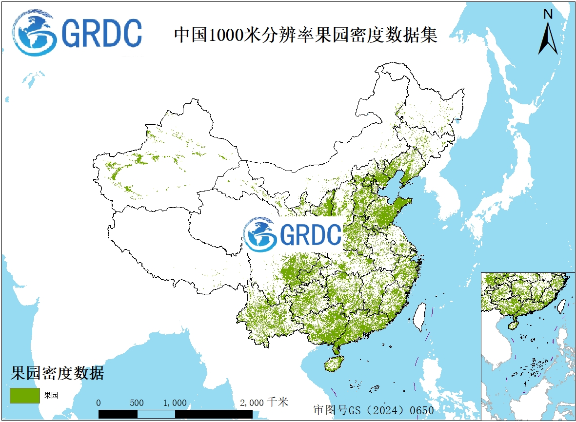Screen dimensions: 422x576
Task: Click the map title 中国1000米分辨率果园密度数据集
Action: pyautogui.click(x=306, y=36)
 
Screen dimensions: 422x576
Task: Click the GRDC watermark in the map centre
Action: pyautogui.click(x=293, y=234)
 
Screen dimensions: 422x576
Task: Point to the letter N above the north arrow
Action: pyautogui.click(x=548, y=15)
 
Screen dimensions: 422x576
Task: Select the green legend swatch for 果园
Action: pyautogui.click(x=24, y=395)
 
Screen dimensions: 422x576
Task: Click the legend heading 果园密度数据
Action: pyautogui.click(x=57, y=373)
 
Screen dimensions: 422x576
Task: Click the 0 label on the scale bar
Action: pyautogui.click(x=99, y=403)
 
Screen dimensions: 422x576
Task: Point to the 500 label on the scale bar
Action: pyautogui.click(x=137, y=403)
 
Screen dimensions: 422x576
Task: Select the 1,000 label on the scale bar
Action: pyautogui.click(x=175, y=403)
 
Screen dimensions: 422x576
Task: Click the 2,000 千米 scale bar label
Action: pyautogui.click(x=264, y=403)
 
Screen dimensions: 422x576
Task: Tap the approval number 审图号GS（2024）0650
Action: pyautogui.click(x=373, y=410)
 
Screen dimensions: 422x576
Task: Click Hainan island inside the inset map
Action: pyautogui.click(x=514, y=324)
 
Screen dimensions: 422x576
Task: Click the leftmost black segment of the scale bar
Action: pyautogui.click(x=118, y=414)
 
